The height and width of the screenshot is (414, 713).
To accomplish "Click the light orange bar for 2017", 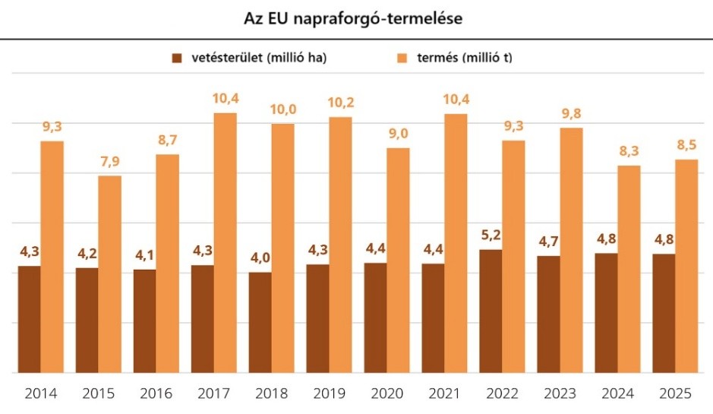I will click(x=225, y=243).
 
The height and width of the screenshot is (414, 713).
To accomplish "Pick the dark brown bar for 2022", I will click(x=491, y=311).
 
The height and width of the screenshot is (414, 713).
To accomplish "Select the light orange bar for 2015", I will click(x=109, y=274).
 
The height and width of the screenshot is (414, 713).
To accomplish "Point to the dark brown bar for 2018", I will click(x=260, y=322).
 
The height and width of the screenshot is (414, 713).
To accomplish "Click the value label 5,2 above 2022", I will click(x=491, y=235).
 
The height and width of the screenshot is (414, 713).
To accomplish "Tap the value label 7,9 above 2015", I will click(x=109, y=162).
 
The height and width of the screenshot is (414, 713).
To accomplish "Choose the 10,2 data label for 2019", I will click(x=340, y=103).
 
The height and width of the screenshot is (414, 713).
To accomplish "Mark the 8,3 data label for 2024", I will click(x=629, y=151).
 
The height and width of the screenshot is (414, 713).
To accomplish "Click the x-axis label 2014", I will click(x=40, y=393).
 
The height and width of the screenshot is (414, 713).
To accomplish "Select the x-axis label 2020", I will click(x=386, y=393).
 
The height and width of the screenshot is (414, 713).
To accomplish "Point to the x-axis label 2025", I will click(x=675, y=393).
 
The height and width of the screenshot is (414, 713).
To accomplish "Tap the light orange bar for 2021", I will click(x=456, y=243).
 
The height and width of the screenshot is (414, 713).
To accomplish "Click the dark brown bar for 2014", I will click(x=29, y=319).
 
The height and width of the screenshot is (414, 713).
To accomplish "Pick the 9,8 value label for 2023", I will click(x=571, y=113).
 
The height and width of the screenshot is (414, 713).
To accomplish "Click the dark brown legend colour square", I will click(x=177, y=58).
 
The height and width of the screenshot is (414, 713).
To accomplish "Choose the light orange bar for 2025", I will click(x=686, y=266).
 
